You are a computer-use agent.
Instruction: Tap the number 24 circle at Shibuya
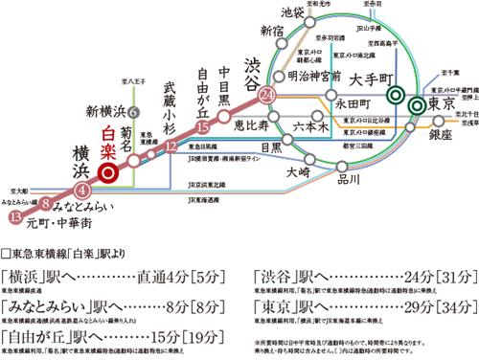tap(267, 94)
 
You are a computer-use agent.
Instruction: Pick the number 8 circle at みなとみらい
tap(45, 204)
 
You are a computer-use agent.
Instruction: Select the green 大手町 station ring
tap(396, 95)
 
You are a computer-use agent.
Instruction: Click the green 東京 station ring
tap(418, 105)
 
